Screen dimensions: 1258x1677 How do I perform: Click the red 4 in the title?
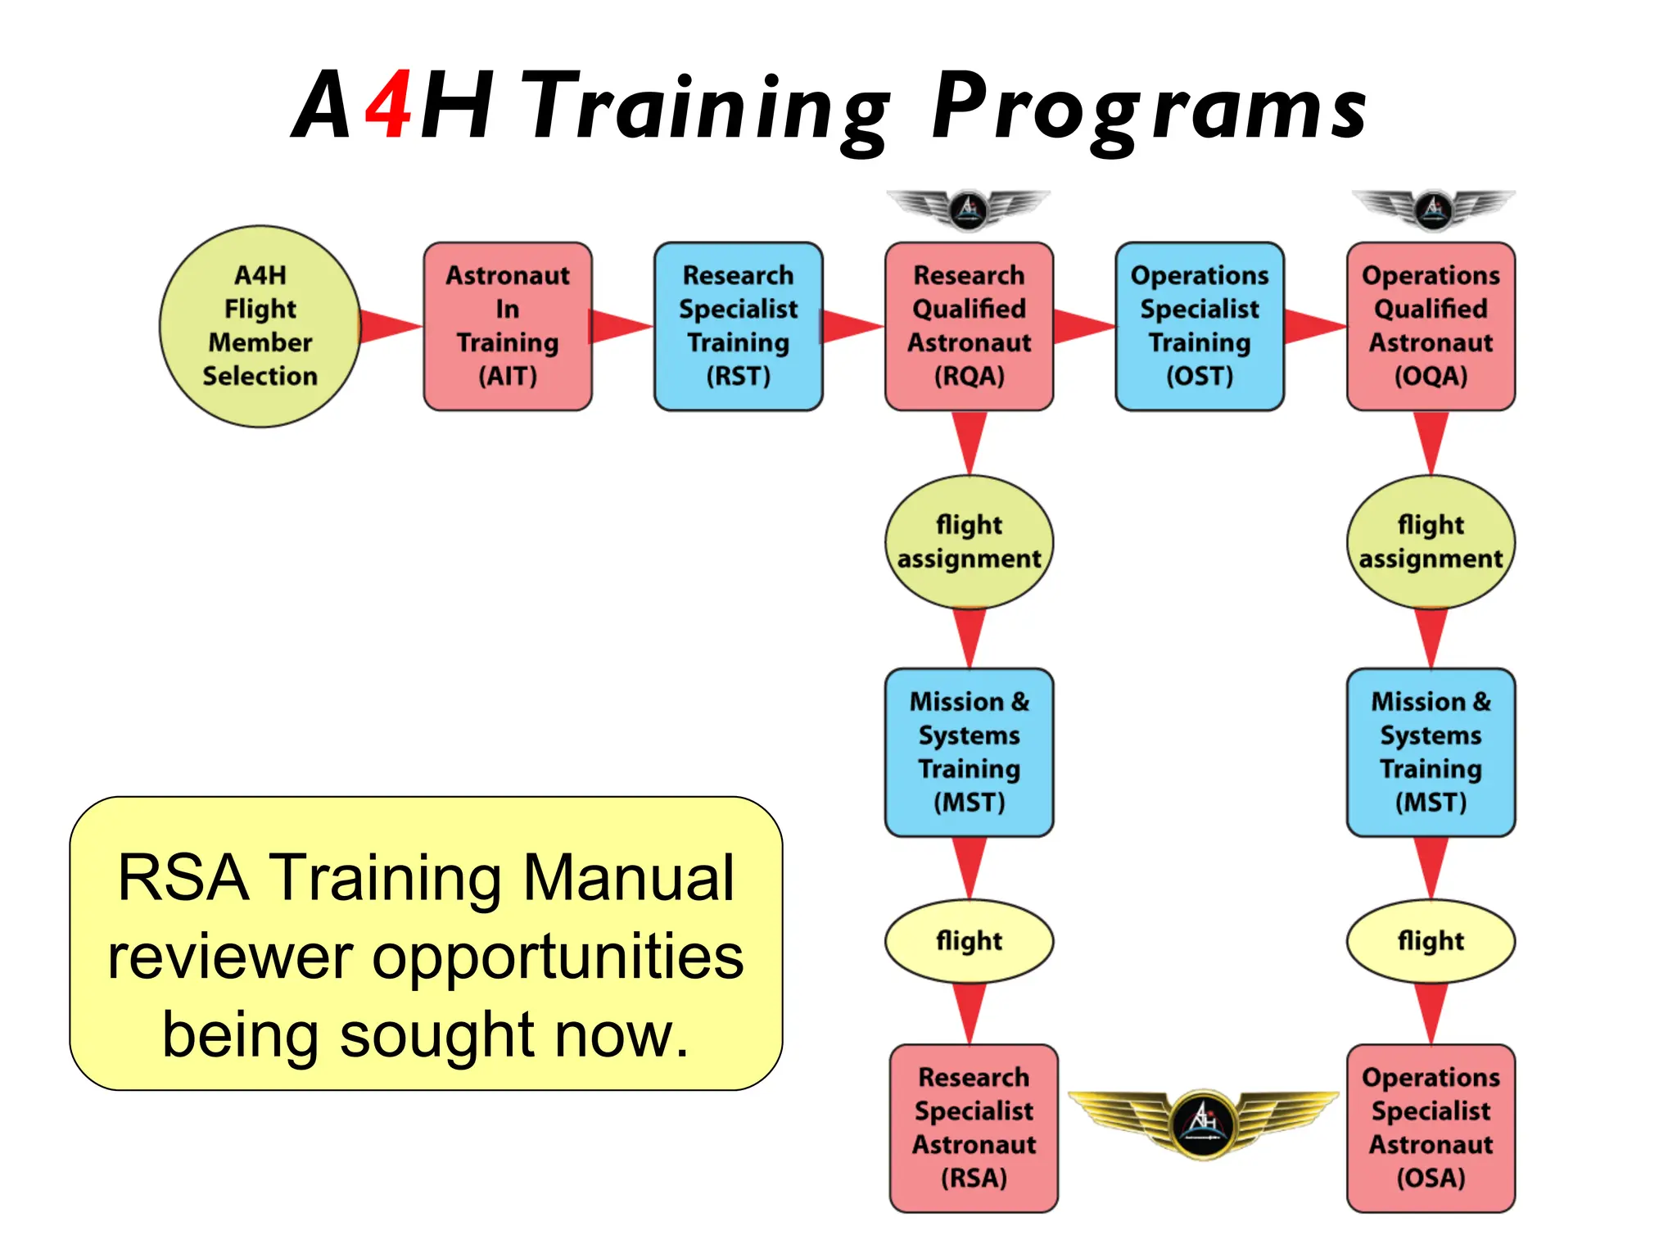pyautogui.click(x=389, y=105)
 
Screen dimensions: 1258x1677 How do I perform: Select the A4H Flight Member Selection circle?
pyautogui.click(x=260, y=326)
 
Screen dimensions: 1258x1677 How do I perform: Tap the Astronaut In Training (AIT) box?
pyautogui.click(x=508, y=326)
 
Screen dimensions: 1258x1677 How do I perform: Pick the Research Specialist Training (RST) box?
pyautogui.click(x=738, y=326)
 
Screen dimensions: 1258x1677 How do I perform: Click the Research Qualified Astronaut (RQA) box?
pyautogui.click(x=969, y=326)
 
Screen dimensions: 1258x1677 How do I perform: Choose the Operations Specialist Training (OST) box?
pyautogui.click(x=1200, y=326)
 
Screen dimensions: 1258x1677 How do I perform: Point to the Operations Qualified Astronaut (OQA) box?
pyautogui.click(x=1431, y=326)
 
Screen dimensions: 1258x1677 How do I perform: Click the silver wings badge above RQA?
pyautogui.click(x=969, y=209)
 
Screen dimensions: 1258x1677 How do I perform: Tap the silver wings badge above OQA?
pyautogui.click(x=1433, y=209)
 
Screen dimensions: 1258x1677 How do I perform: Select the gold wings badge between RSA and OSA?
pyautogui.click(x=1203, y=1123)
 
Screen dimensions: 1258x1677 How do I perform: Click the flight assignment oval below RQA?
pyautogui.click(x=969, y=541)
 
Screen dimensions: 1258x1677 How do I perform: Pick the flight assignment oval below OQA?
pyautogui.click(x=1431, y=541)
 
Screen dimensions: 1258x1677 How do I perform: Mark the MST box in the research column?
pyautogui.click(x=969, y=752)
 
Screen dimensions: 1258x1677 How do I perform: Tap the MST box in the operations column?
pyautogui.click(x=1431, y=752)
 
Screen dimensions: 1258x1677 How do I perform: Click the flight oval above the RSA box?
pyautogui.click(x=969, y=940)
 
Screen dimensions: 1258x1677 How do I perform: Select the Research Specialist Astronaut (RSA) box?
pyautogui.click(x=974, y=1128)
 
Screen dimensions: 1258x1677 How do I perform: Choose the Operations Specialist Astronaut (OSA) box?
pyautogui.click(x=1431, y=1128)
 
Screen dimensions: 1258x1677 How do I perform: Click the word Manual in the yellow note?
pyautogui.click(x=628, y=878)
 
